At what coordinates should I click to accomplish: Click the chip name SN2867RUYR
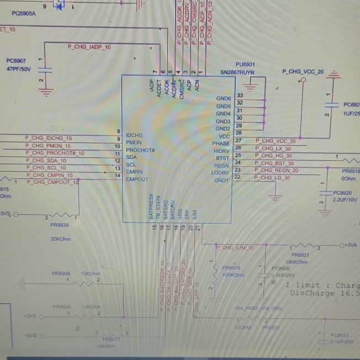[x=237, y=72]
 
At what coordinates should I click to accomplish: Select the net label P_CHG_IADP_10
[x=89, y=47]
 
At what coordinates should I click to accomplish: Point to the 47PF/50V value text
[x=19, y=69]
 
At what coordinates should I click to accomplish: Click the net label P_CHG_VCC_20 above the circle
[x=303, y=72]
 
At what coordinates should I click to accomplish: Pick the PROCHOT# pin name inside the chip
[x=140, y=150]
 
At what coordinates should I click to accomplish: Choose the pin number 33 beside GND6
[x=240, y=96]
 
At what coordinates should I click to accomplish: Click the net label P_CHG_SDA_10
[x=46, y=161]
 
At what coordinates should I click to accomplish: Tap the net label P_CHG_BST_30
[x=275, y=163]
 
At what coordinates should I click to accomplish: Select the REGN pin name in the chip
[x=221, y=166]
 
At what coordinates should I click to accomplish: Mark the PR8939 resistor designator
[x=60, y=225]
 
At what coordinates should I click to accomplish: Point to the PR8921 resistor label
[x=298, y=255]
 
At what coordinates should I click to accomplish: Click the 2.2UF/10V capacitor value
[x=346, y=200]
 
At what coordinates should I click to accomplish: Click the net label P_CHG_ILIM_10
[x=235, y=248]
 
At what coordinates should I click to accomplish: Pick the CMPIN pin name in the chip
[x=135, y=172]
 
